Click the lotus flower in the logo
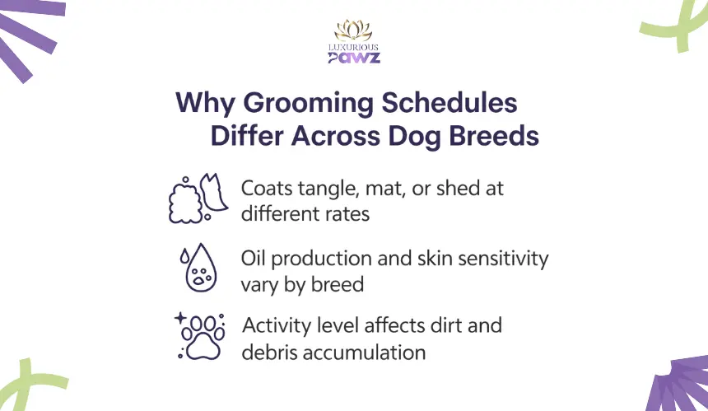353,30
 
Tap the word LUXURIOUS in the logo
353,47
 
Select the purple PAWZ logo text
354,58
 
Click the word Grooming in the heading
308,104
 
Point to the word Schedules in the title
449,102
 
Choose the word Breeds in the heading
494,136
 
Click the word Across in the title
336,136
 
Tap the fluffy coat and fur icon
198,198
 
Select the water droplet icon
198,268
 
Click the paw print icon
203,338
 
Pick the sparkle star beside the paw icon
180,318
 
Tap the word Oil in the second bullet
253,259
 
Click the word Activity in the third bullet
277,326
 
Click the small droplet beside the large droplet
184,255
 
